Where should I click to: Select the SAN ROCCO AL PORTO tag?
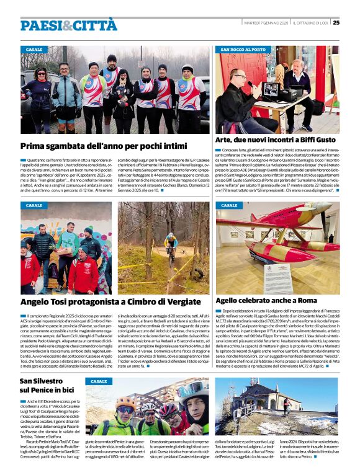tap(243, 49)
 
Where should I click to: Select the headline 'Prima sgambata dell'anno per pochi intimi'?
tap(95, 146)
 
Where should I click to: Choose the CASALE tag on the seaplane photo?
tap(229, 205)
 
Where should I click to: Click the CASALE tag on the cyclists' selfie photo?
tap(99, 381)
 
